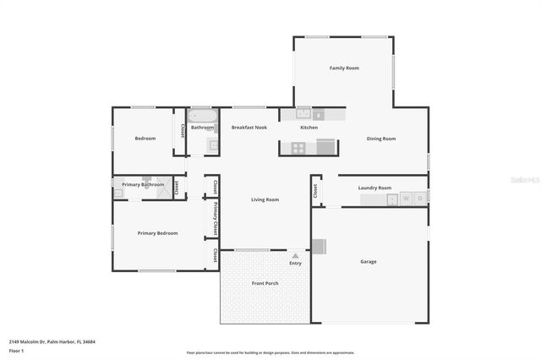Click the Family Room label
tap(344, 68)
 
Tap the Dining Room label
tap(380, 139)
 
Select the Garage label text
tap(369, 261)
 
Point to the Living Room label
tap(265, 199)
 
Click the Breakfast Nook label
tap(249, 128)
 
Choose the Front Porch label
tap(265, 283)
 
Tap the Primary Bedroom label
tap(158, 233)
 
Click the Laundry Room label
tap(374, 188)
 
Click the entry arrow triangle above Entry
tap(295, 255)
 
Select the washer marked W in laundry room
tap(407, 199)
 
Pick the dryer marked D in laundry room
tap(420, 199)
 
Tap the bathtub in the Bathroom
tap(203, 116)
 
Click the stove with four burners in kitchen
tap(298, 148)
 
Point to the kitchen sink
tap(303, 113)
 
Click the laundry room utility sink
tap(392, 199)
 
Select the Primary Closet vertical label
tap(216, 217)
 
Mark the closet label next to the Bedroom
tap(183, 131)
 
